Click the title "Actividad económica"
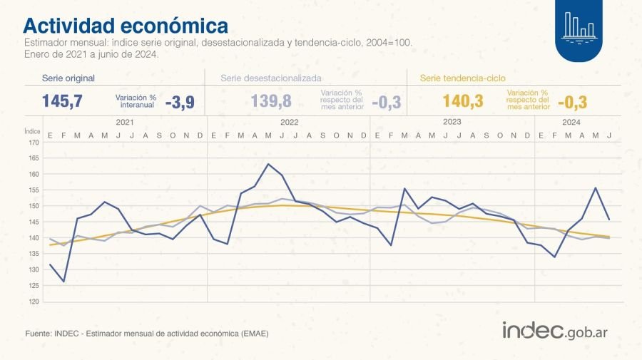coord(126,26)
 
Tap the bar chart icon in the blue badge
coord(579,25)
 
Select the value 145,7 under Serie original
coord(63,102)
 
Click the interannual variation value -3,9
coord(179,102)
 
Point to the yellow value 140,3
coord(463,102)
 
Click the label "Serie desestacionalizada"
coord(270,78)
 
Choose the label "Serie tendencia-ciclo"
coord(463,78)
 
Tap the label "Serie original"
coord(68,78)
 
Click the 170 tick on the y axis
coord(34,143)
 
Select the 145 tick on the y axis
coord(34,222)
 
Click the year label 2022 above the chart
coord(289,123)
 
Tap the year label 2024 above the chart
coord(571,123)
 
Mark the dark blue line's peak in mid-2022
coord(268,164)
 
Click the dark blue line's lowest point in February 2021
coord(63,282)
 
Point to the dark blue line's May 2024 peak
coord(595,188)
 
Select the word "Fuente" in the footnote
coord(37,333)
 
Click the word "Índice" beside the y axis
coord(32,131)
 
